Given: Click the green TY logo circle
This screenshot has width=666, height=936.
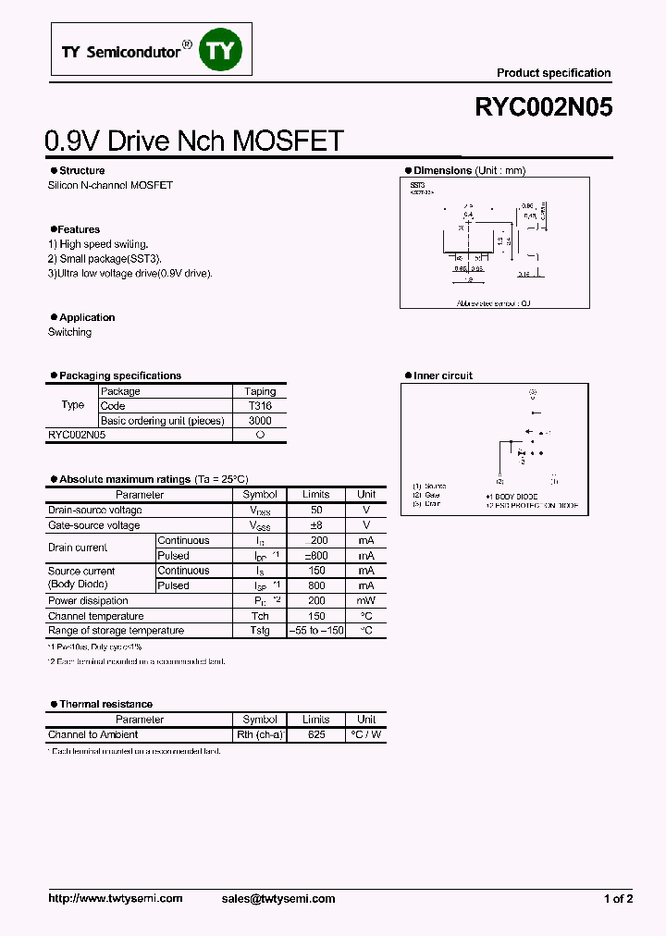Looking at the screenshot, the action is tap(222, 51).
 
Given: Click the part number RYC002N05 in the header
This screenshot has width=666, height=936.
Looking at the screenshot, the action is tap(543, 107).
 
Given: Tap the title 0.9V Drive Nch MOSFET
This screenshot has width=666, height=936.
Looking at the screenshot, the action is tap(194, 141).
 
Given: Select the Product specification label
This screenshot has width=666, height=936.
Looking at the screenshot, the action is tap(553, 73).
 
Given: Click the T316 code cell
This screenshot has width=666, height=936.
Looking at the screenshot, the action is tap(260, 406).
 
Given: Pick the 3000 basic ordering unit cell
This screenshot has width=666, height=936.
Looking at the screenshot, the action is tap(260, 421).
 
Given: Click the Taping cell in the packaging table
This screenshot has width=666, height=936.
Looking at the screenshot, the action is tap(260, 391).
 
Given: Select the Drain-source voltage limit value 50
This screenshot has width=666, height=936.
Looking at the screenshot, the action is tap(315, 511).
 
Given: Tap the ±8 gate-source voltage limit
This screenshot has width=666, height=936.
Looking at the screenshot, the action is tap(315, 525).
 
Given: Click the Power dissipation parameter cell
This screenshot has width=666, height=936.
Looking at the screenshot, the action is tap(89, 601).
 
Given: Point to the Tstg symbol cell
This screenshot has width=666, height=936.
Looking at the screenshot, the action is tap(260, 631).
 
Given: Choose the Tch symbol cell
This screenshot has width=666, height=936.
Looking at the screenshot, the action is tap(260, 616).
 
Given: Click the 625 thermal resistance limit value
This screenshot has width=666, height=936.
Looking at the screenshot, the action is tap(315, 734).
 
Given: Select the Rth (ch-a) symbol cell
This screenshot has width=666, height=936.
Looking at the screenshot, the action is tap(260, 734).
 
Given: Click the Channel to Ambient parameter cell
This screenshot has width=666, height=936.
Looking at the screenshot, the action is tap(93, 734).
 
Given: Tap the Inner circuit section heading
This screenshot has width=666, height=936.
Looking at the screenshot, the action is tap(442, 376).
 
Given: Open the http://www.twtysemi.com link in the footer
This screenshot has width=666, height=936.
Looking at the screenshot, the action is tap(115, 898).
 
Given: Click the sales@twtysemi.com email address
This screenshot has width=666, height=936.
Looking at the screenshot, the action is tap(278, 898).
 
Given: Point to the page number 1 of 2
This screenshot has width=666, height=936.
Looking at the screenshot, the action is tap(618, 898).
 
